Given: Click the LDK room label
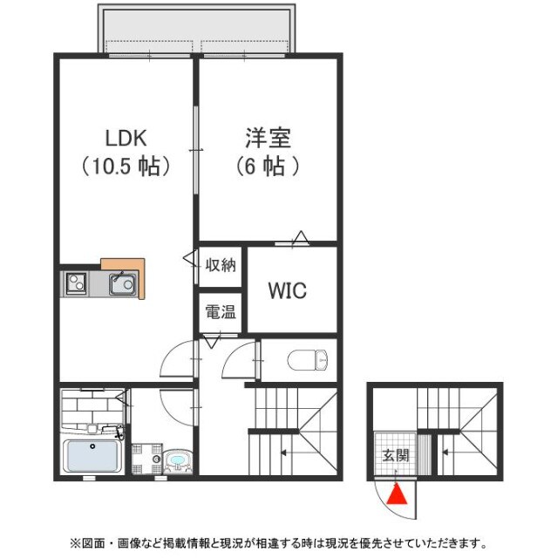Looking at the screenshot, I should pos(126,138).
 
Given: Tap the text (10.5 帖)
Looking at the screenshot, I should pos(126,167).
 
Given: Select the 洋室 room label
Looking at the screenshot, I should pos(267,138).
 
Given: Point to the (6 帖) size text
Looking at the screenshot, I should pos(267,167).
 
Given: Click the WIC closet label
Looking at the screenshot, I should pos(287,290).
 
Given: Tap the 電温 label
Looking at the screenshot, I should pos(220,311).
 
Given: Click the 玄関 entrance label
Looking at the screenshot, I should pos(395,455).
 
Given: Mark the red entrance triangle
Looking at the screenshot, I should pos(397,495).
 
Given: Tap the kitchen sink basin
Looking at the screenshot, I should pos(121,283).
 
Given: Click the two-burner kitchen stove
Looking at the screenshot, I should pos(76,283).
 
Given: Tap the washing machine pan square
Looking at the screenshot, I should pos(146,459).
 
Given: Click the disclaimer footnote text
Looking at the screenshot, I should pos(279,542).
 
